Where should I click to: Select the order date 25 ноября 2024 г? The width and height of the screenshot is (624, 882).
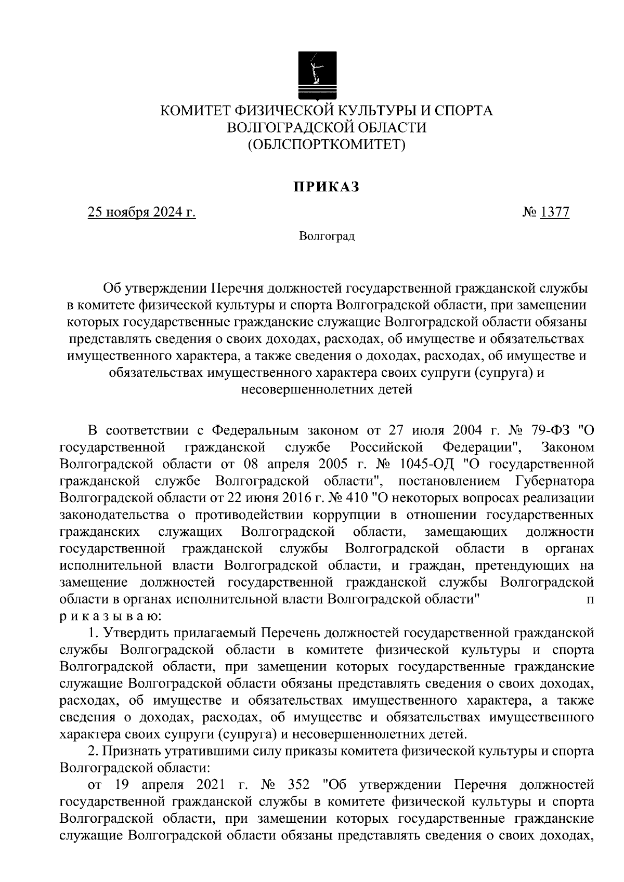[x=141, y=212]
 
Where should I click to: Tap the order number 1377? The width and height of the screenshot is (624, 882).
[x=555, y=212]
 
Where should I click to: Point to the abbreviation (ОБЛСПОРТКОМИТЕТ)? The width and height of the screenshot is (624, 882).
[x=326, y=143]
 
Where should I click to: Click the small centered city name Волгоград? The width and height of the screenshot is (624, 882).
[x=327, y=237]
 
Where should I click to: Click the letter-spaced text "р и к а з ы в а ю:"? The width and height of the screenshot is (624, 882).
[x=111, y=616]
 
